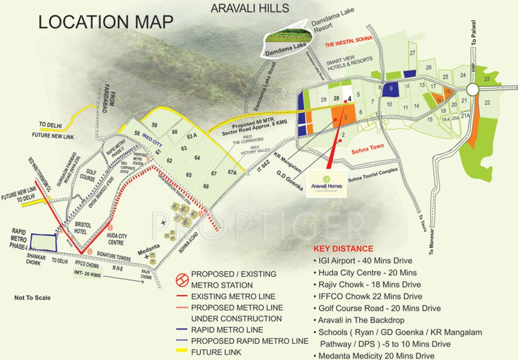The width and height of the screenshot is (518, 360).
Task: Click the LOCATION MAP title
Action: click(x=106, y=22)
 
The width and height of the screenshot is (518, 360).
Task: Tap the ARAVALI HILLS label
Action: click(x=250, y=8)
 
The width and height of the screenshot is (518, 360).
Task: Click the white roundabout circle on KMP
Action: click(x=472, y=89)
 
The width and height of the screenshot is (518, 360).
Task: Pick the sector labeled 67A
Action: click(x=232, y=172)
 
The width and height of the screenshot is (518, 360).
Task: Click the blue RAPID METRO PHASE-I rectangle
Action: click(x=43, y=242)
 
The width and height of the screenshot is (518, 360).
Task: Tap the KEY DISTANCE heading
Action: click(x=343, y=248)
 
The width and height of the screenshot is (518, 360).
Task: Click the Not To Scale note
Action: click(x=32, y=298)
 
